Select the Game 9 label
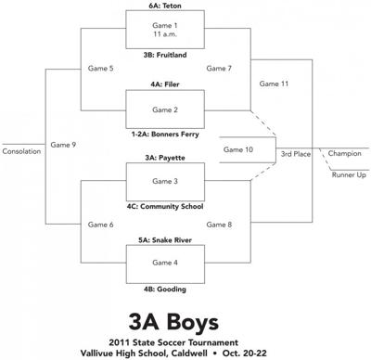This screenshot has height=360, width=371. (x=64, y=145)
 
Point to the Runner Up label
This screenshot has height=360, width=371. (x=349, y=174)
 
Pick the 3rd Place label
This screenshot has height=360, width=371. (x=297, y=154)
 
